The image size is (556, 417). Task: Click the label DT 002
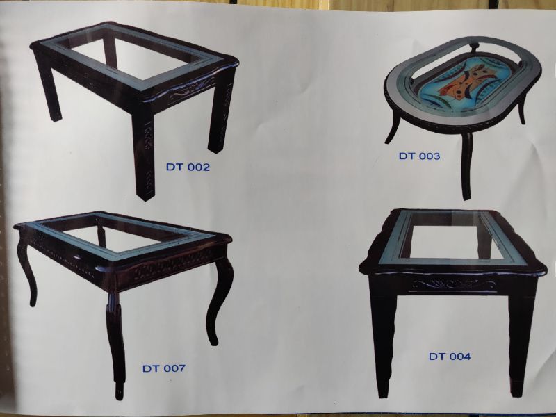coord(187,167)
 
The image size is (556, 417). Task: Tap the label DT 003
coord(419,156)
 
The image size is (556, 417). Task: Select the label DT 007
coord(164,368)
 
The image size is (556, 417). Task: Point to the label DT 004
coord(450,357)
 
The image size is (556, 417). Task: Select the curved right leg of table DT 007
coord(221,299)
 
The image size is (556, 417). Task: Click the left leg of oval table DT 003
coord(394,129)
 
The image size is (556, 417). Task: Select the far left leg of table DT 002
coord(48,90)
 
